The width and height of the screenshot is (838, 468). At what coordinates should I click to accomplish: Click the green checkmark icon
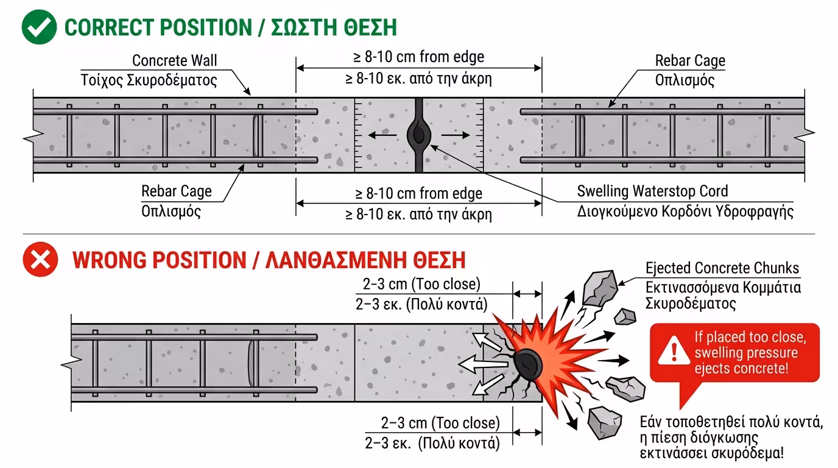tap(39, 27)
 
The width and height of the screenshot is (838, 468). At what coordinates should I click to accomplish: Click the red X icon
tap(40, 260)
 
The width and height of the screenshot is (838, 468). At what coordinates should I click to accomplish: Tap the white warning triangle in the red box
tap(674, 351)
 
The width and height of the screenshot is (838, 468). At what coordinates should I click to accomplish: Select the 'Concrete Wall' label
tap(174, 60)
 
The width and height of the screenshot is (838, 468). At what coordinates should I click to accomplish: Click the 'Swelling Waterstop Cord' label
tap(652, 191)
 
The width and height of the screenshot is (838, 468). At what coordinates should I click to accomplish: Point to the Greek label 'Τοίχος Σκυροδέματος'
tap(149, 80)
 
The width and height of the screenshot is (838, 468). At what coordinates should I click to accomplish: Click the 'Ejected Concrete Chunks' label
tap(722, 268)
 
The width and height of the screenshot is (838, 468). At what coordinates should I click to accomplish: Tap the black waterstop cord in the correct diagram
tap(419, 135)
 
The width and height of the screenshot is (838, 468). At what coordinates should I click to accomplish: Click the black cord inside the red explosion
tap(528, 364)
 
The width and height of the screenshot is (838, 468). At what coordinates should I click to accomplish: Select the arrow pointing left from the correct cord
tap(382, 135)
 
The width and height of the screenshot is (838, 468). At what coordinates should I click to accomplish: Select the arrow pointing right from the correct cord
tap(456, 135)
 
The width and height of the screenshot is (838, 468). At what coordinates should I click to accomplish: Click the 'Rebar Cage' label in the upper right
tap(690, 60)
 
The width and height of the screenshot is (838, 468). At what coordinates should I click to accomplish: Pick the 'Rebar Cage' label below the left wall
tap(176, 191)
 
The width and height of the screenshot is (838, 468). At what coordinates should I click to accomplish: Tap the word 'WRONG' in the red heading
tap(109, 260)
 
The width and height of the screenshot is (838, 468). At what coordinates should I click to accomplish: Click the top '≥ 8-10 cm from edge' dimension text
tap(418, 57)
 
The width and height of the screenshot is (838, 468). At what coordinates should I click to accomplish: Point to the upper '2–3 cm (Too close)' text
tap(421, 284)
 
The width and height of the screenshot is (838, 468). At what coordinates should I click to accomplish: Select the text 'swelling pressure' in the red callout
tap(746, 353)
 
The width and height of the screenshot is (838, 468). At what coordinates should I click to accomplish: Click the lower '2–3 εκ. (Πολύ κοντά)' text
tap(432, 443)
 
